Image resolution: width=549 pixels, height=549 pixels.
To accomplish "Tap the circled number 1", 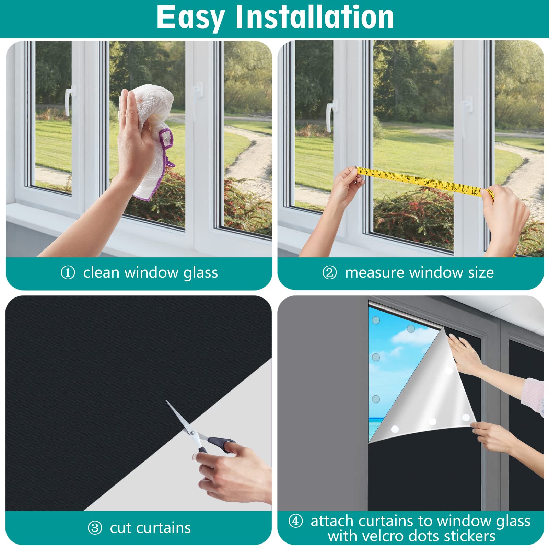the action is [x=68, y=273].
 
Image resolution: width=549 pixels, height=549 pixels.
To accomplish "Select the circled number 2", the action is [x=329, y=273].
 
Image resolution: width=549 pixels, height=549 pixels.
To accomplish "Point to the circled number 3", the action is [x=95, y=528].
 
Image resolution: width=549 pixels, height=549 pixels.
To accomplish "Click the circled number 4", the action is [x=296, y=521].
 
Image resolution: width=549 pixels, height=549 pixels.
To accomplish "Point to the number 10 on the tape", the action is [x=427, y=183].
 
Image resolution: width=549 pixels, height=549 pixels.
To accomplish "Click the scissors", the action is [x=199, y=431].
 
